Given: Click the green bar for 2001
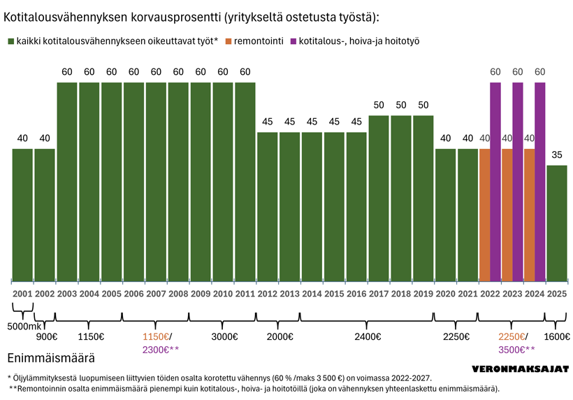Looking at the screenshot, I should click(x=22, y=213).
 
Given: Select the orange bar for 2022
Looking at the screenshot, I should click(x=485, y=213).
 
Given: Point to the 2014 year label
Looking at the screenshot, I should click(x=312, y=294).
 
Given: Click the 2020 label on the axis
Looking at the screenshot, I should click(x=446, y=294).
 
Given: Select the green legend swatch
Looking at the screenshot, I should click(x=10, y=41).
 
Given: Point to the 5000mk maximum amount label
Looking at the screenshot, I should click(x=24, y=326).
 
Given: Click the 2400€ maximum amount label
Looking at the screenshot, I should click(x=368, y=336).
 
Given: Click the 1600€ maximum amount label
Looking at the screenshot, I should click(x=557, y=336).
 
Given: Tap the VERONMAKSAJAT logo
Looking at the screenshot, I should click(x=521, y=368).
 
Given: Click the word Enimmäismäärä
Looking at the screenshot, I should click(x=50, y=359).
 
